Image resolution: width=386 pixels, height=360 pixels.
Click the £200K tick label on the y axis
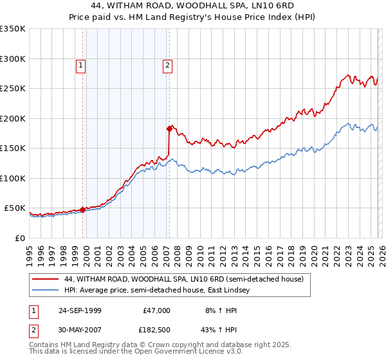(13, 118)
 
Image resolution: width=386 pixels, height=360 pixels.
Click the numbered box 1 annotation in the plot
(81, 64)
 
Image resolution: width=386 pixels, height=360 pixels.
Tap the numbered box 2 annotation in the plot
(167, 64)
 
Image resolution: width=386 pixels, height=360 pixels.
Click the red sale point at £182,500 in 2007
(169, 129)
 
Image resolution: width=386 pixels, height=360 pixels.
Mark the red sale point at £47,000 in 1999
(83, 210)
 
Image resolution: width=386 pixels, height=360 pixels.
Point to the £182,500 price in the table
(155, 330)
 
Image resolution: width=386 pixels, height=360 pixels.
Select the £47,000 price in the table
(155, 310)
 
